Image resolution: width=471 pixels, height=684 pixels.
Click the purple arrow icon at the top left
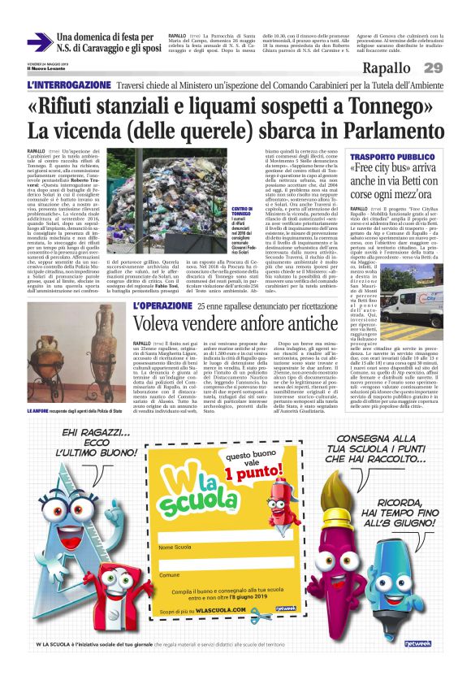tap(38, 41)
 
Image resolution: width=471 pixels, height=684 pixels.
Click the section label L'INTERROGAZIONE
tap(64, 85)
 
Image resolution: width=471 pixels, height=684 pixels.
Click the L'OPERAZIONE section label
tap(162, 306)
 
